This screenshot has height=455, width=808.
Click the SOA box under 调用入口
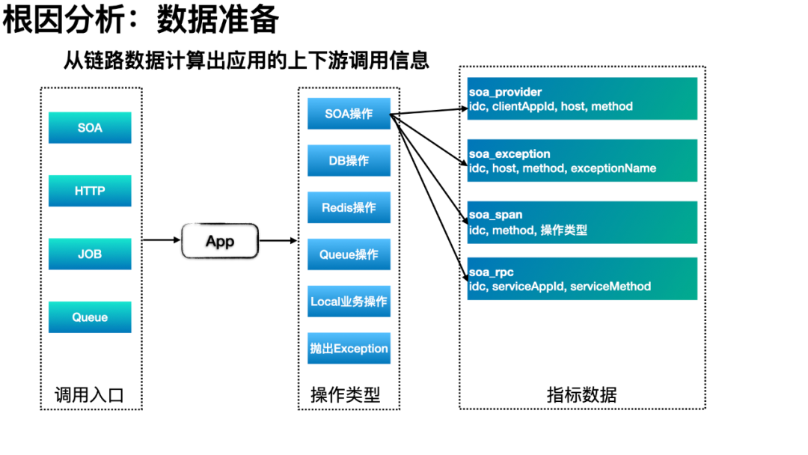[x=90, y=127]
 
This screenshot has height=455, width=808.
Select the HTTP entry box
[x=90, y=191]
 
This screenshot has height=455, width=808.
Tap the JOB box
[x=90, y=254]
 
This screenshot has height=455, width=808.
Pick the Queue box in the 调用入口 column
[x=90, y=317]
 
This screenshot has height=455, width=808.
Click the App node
[x=220, y=241]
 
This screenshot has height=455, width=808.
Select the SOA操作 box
[x=349, y=113]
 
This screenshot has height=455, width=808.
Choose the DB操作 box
[x=349, y=160]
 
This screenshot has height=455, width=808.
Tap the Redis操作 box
[x=349, y=207]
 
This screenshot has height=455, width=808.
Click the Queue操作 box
[x=349, y=254]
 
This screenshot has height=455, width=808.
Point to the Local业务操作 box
[x=349, y=301]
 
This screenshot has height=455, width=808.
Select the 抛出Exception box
[x=349, y=348]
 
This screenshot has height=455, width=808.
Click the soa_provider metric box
[x=582, y=99]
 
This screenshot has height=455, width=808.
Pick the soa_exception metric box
[x=582, y=160]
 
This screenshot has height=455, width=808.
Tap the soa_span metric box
[x=582, y=222]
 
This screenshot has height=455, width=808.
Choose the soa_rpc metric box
[x=582, y=279]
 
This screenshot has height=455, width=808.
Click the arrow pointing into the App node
[x=162, y=239]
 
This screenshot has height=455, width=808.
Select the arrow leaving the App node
[x=278, y=240]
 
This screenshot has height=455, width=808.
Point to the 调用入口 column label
[x=90, y=395]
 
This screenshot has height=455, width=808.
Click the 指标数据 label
[x=582, y=395]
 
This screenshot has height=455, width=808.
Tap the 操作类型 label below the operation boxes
[x=345, y=395]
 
